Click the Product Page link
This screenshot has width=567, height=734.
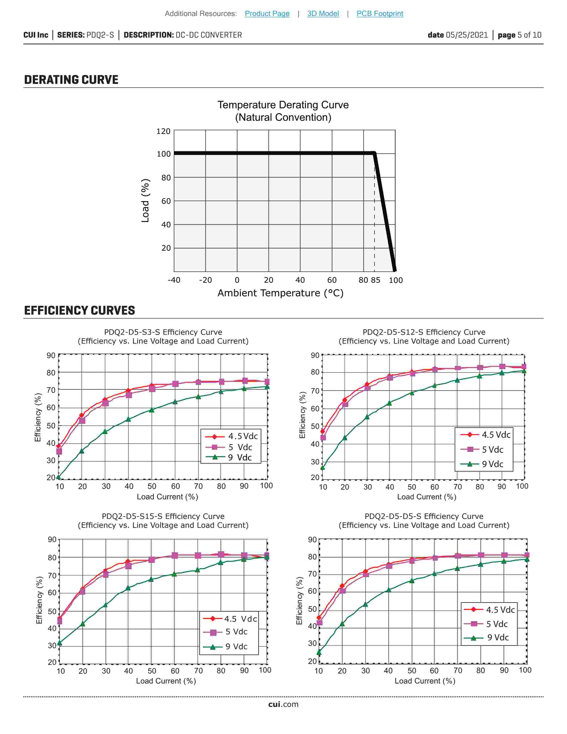(267, 13)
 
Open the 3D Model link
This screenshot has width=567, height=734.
(323, 13)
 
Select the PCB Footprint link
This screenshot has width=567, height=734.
(380, 13)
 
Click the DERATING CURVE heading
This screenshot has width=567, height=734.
(71, 80)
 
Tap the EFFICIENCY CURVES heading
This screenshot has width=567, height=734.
(80, 310)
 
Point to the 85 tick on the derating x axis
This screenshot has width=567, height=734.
(376, 280)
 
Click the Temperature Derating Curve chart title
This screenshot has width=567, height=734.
(283, 105)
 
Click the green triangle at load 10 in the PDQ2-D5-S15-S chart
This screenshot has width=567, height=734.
(59, 643)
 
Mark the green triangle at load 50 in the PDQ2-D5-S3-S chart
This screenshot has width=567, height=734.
(151, 410)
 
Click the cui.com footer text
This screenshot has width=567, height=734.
(283, 704)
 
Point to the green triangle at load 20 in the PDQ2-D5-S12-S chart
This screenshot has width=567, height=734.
(345, 438)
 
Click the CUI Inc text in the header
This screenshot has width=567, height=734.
(36, 35)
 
